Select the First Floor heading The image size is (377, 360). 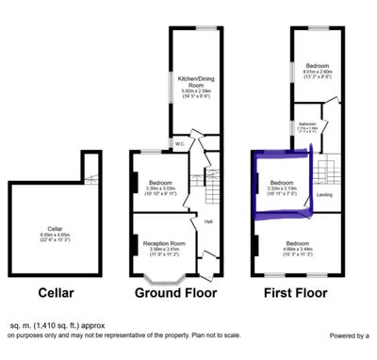pyautogui.click(x=295, y=292)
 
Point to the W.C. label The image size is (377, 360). pyautogui.click(x=178, y=143)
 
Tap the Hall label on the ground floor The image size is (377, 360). pyautogui.click(x=207, y=221)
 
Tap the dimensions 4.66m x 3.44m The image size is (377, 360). pyautogui.click(x=296, y=249)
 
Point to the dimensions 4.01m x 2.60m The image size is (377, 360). pyautogui.click(x=317, y=72)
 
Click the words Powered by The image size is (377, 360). pyautogui.click(x=345, y=335)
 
